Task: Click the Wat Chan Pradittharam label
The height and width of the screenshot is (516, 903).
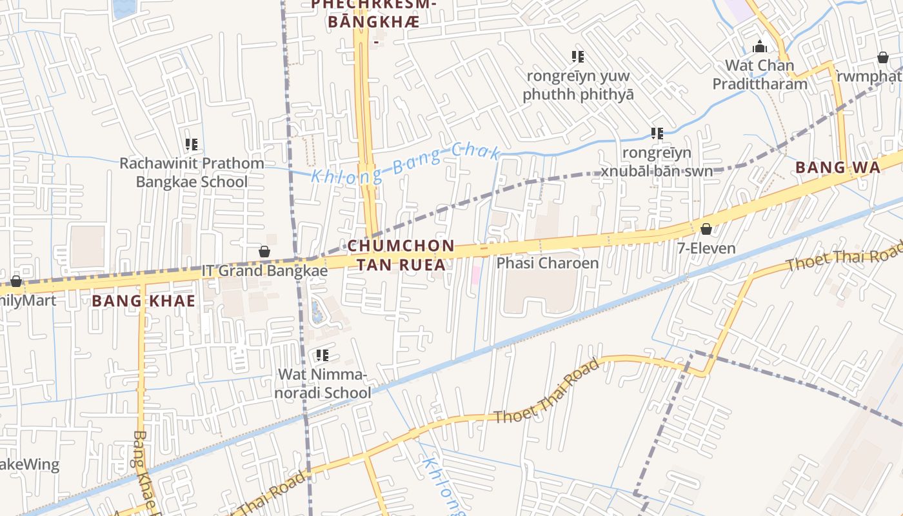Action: (759, 74)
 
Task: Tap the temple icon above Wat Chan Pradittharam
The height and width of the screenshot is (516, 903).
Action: (760, 46)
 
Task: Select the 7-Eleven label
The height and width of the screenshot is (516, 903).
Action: (706, 248)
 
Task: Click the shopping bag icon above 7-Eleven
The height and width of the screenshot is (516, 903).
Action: (706, 229)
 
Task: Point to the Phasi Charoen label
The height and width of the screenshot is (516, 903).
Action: (547, 263)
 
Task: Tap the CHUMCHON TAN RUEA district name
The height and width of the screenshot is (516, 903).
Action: (401, 255)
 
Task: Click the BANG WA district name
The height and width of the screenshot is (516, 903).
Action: (837, 168)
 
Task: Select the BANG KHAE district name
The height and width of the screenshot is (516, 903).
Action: (143, 301)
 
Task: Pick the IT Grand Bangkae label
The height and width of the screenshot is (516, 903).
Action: (264, 270)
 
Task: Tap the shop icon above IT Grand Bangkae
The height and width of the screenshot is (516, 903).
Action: (264, 252)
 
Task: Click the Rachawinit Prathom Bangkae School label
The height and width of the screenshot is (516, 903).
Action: (192, 172)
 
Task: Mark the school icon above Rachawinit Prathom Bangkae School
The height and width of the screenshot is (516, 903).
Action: (192, 144)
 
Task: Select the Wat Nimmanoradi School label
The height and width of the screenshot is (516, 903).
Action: (324, 383)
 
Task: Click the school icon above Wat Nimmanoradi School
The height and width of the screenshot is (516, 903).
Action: (322, 355)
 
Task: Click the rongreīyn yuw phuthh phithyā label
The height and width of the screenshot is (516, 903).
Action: (578, 85)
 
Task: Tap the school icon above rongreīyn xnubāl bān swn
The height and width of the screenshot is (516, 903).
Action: (657, 134)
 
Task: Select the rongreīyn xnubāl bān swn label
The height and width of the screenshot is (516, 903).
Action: (657, 162)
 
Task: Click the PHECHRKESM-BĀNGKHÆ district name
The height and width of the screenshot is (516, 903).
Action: (374, 13)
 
